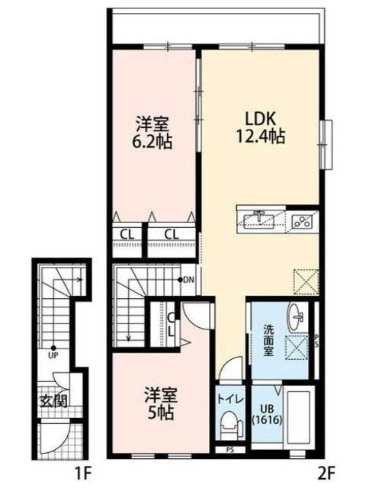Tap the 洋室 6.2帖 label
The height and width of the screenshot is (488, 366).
[152, 132]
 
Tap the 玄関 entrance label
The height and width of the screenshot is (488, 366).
[54, 401]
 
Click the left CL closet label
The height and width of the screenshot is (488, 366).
[127, 233]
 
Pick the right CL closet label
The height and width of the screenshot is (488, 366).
[171, 233]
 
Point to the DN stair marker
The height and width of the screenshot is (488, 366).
[188, 280]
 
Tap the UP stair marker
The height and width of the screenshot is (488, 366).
[53, 355]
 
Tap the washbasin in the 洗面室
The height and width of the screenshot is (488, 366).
[297, 314]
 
